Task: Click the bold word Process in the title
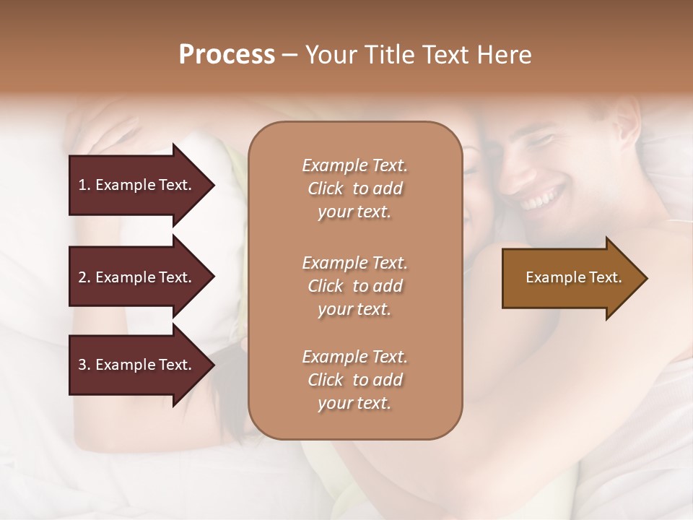point(227,55)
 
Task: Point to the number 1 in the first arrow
point(82,185)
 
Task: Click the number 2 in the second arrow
point(82,277)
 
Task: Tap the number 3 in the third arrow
point(82,365)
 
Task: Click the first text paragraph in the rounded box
point(354,188)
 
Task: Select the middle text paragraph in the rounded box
point(354,286)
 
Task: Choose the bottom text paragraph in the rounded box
point(354,380)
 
